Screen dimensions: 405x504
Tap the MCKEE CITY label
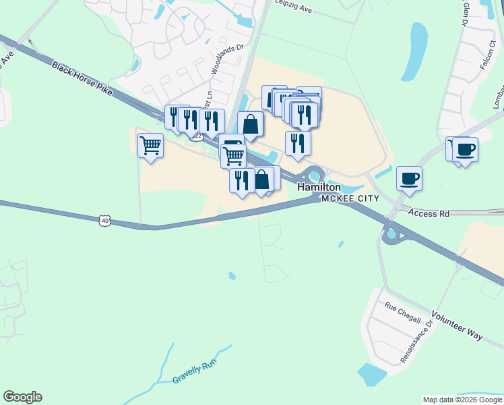tap(350, 198)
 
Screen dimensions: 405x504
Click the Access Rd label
tap(429, 213)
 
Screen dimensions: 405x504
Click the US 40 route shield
tap(103, 220)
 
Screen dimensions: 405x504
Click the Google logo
tap(22, 397)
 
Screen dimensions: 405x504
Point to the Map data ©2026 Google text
tap(462, 400)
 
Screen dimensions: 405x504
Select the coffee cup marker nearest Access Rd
tap(409, 179)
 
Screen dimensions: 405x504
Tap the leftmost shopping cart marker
tap(150, 145)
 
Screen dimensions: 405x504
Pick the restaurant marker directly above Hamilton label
tap(297, 143)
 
